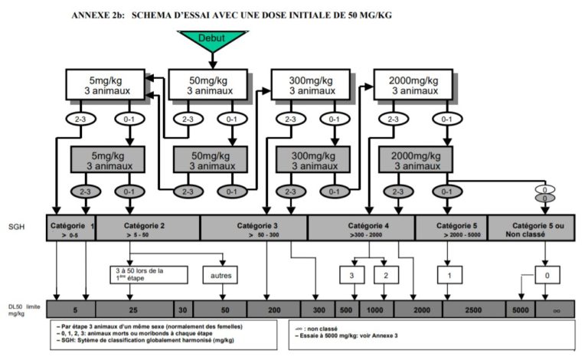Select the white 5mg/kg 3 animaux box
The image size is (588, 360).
coord(103,83)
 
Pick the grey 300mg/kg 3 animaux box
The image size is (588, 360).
coord(307,159)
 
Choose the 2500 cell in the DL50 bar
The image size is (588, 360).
coord(472,309)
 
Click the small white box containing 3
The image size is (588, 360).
coord(351,273)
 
